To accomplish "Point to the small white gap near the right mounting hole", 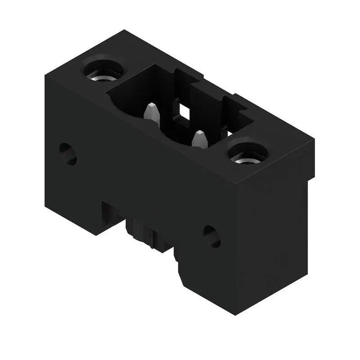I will coord(229,133).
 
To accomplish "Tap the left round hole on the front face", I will coord(67,153).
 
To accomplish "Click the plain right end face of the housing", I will coord(274,234).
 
